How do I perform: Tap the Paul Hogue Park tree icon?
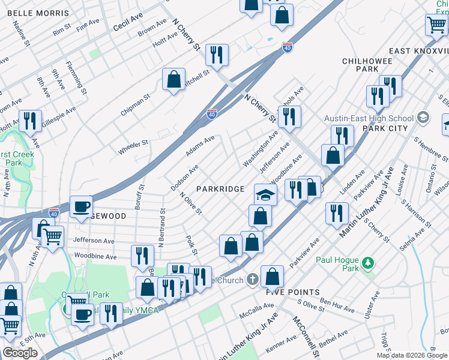369,262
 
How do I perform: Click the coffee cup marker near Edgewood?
81,208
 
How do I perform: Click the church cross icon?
253,280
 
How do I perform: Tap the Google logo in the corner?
20,353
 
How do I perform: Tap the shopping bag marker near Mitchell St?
173,79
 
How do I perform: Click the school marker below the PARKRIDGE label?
265,194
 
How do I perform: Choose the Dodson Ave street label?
184,178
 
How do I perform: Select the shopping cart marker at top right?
436,25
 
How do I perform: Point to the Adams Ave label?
200,146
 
